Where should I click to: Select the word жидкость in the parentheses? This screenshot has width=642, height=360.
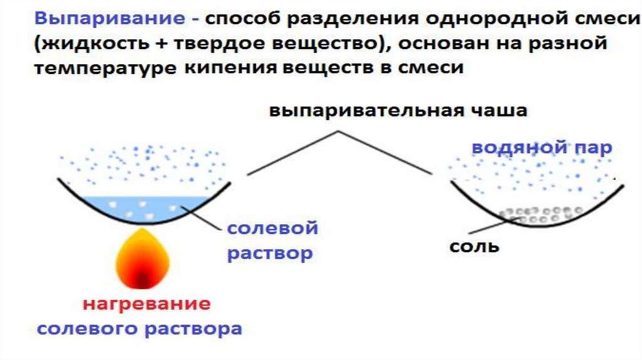click(x=87, y=45)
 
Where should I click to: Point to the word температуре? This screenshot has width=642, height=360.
click(x=104, y=68)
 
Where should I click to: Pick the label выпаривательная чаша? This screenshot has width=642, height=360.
click(x=398, y=111)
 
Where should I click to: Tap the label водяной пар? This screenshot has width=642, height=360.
click(x=541, y=148)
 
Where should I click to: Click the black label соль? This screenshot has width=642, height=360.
click(x=474, y=246)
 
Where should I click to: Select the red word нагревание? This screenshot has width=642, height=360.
click(x=147, y=305)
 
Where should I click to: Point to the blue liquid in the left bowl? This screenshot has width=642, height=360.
click(x=144, y=207)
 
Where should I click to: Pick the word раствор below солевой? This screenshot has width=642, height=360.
click(x=269, y=254)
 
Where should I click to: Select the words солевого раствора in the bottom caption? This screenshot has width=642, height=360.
click(x=139, y=329)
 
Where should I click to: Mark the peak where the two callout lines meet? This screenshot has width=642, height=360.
click(x=339, y=131)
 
